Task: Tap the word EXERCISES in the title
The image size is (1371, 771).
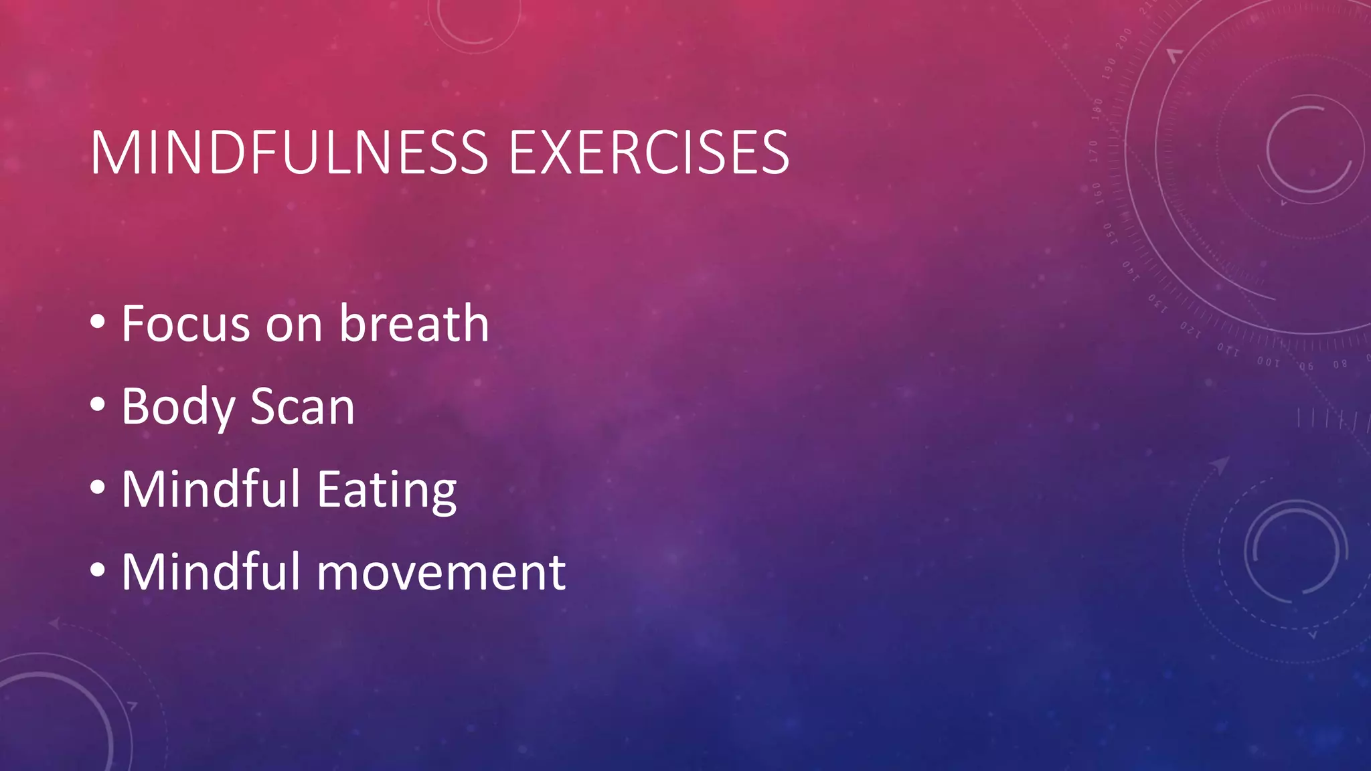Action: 649,153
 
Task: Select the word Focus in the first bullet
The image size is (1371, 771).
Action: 186,324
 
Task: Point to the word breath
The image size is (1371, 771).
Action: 414,324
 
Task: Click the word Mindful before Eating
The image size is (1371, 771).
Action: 211,489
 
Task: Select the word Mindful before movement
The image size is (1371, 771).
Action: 211,572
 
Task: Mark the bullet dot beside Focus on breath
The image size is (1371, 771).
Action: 98,322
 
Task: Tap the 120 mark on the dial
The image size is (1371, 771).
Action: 1190,330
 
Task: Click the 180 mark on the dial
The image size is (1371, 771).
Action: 1098,109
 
